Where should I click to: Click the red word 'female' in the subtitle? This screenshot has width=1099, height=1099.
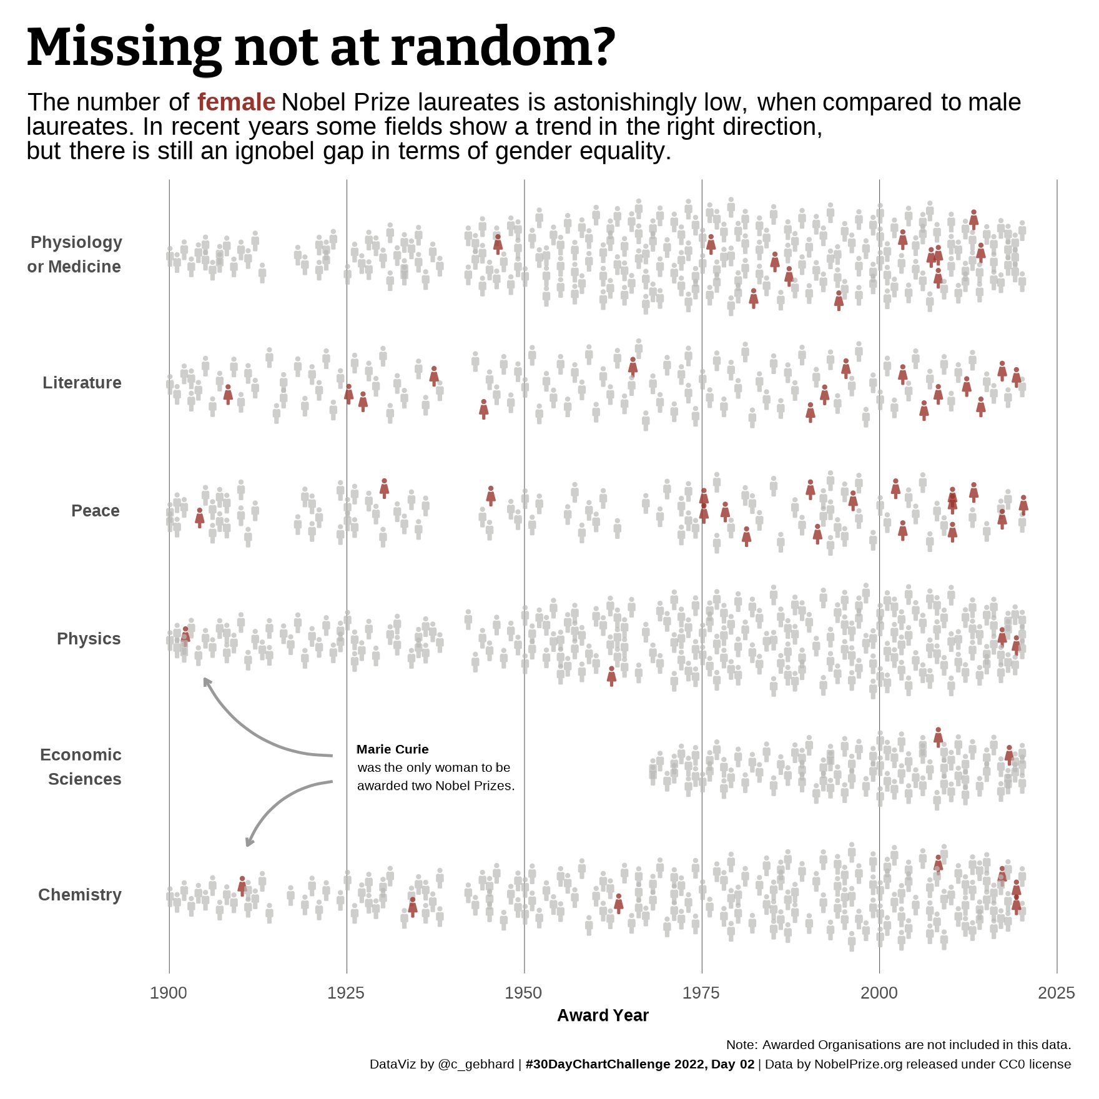pos(236,102)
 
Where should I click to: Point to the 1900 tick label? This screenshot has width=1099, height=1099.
pos(169,993)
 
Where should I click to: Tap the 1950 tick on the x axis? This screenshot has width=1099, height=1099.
pos(524,993)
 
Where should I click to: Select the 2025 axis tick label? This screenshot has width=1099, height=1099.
pos(1057,993)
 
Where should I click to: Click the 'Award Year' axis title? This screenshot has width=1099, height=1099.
pos(603,1015)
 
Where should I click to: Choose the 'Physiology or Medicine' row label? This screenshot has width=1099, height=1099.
pos(75,254)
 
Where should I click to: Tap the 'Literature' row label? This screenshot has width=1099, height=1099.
pos(82,383)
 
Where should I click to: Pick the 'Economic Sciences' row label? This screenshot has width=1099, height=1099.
pos(81,767)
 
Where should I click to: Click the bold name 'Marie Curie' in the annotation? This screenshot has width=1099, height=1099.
pos(392,749)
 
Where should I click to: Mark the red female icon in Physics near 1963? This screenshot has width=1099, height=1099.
pos(611,676)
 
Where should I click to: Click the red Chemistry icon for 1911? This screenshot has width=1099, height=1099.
pos(242,885)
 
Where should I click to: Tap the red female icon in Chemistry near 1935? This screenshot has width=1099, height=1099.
pos(412,906)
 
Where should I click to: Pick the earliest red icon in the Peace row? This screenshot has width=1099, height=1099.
pos(199,517)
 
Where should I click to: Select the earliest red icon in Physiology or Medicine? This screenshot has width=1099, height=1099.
pos(498,243)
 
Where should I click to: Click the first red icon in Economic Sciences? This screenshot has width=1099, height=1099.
pos(938,736)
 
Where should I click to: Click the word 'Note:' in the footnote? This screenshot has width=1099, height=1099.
pos(742,1045)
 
